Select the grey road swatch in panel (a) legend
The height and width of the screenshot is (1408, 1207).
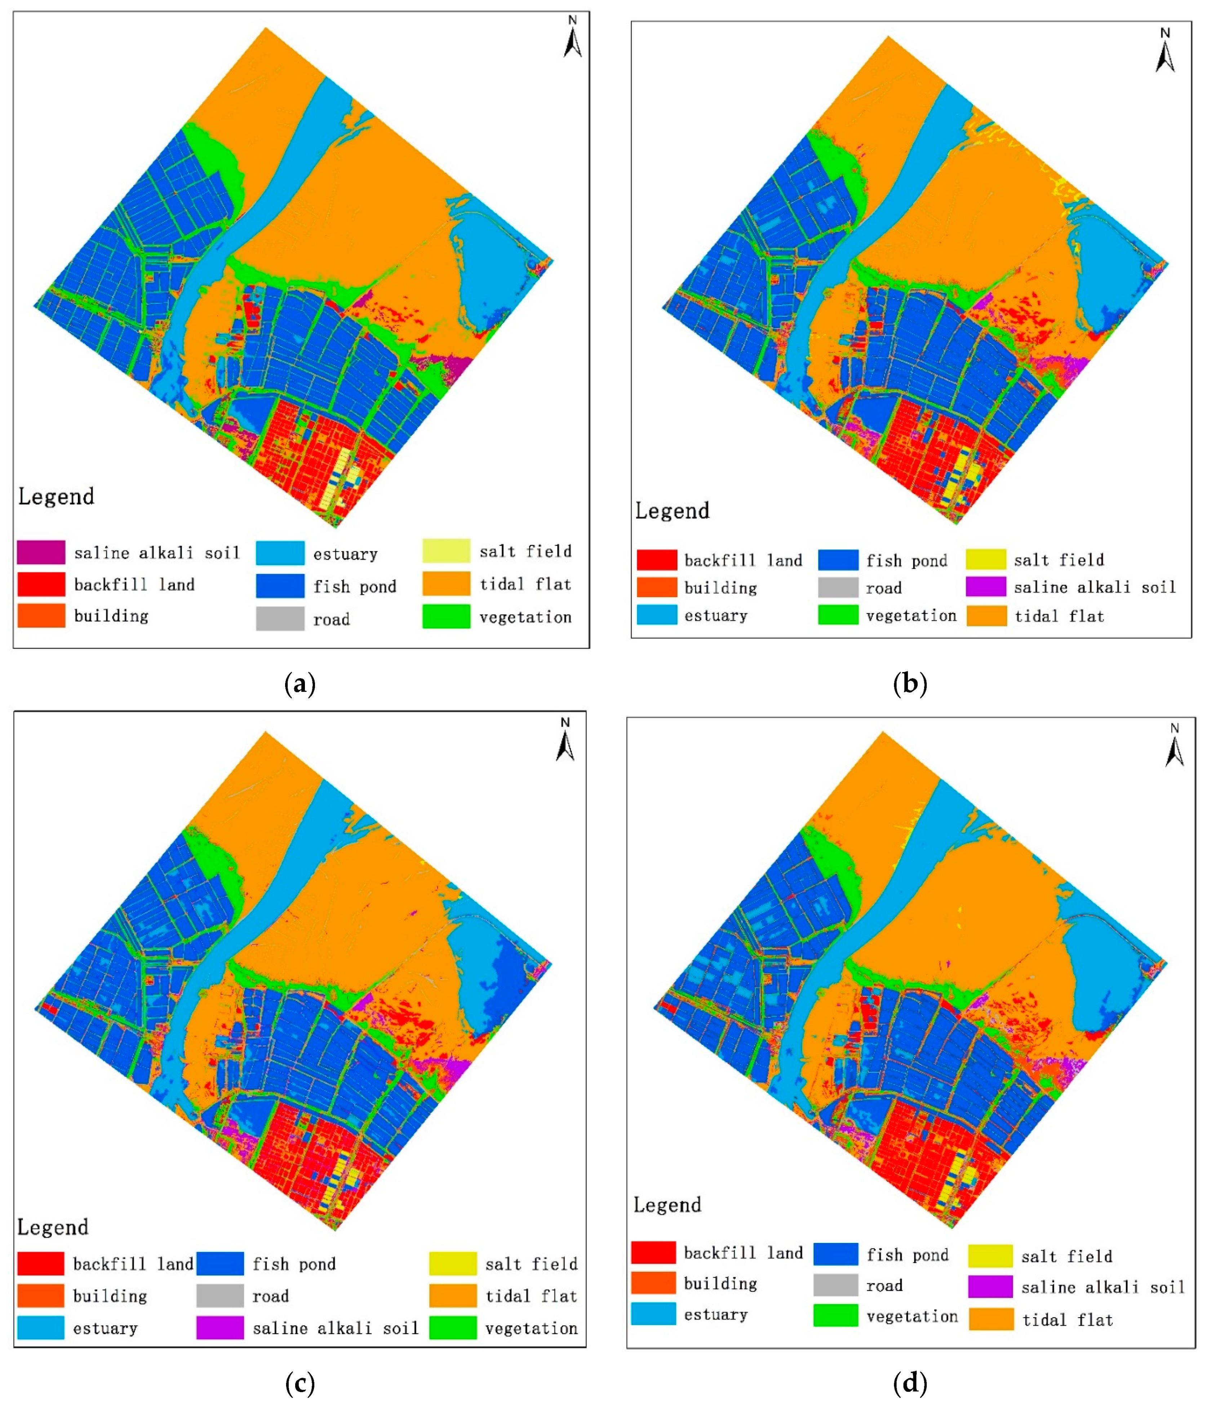coord(280,618)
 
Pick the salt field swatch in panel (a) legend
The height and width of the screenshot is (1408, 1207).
coord(446,550)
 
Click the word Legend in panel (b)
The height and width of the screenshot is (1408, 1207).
coord(672,511)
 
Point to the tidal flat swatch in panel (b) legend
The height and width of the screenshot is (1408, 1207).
coord(986,616)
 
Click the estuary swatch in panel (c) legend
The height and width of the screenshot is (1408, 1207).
coord(41,1327)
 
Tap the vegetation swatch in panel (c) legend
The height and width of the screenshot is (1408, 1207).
coord(453,1327)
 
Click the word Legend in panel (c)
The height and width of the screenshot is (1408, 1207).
coord(53,1227)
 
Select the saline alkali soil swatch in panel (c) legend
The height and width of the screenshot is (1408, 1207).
coord(219,1327)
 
